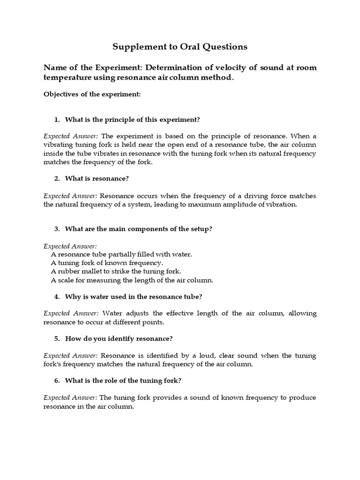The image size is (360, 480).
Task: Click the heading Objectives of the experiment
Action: coord(92,94)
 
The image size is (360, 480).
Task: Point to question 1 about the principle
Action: coord(133,120)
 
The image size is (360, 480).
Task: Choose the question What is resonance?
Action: coord(97,179)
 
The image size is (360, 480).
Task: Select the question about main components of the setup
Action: coord(139,229)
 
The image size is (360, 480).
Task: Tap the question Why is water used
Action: coord(134,297)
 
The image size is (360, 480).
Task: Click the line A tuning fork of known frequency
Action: coord(107,263)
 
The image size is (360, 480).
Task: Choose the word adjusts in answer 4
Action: coord(137,313)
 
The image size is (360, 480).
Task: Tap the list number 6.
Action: coord(57,381)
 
